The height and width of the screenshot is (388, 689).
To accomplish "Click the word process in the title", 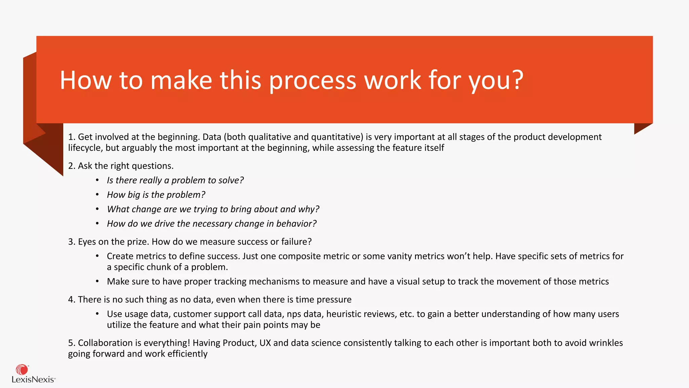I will pyautogui.click(x=313, y=81).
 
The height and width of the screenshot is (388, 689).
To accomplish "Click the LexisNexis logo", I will pyautogui.click(x=33, y=374).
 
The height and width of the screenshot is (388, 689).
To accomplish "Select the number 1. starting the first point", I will pyautogui.click(x=72, y=137).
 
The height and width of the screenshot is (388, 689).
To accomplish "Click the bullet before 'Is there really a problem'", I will pyautogui.click(x=97, y=180).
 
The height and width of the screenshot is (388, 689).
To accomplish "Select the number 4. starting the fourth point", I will pyautogui.click(x=72, y=299).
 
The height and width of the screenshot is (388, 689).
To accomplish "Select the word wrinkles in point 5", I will pyautogui.click(x=606, y=343).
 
